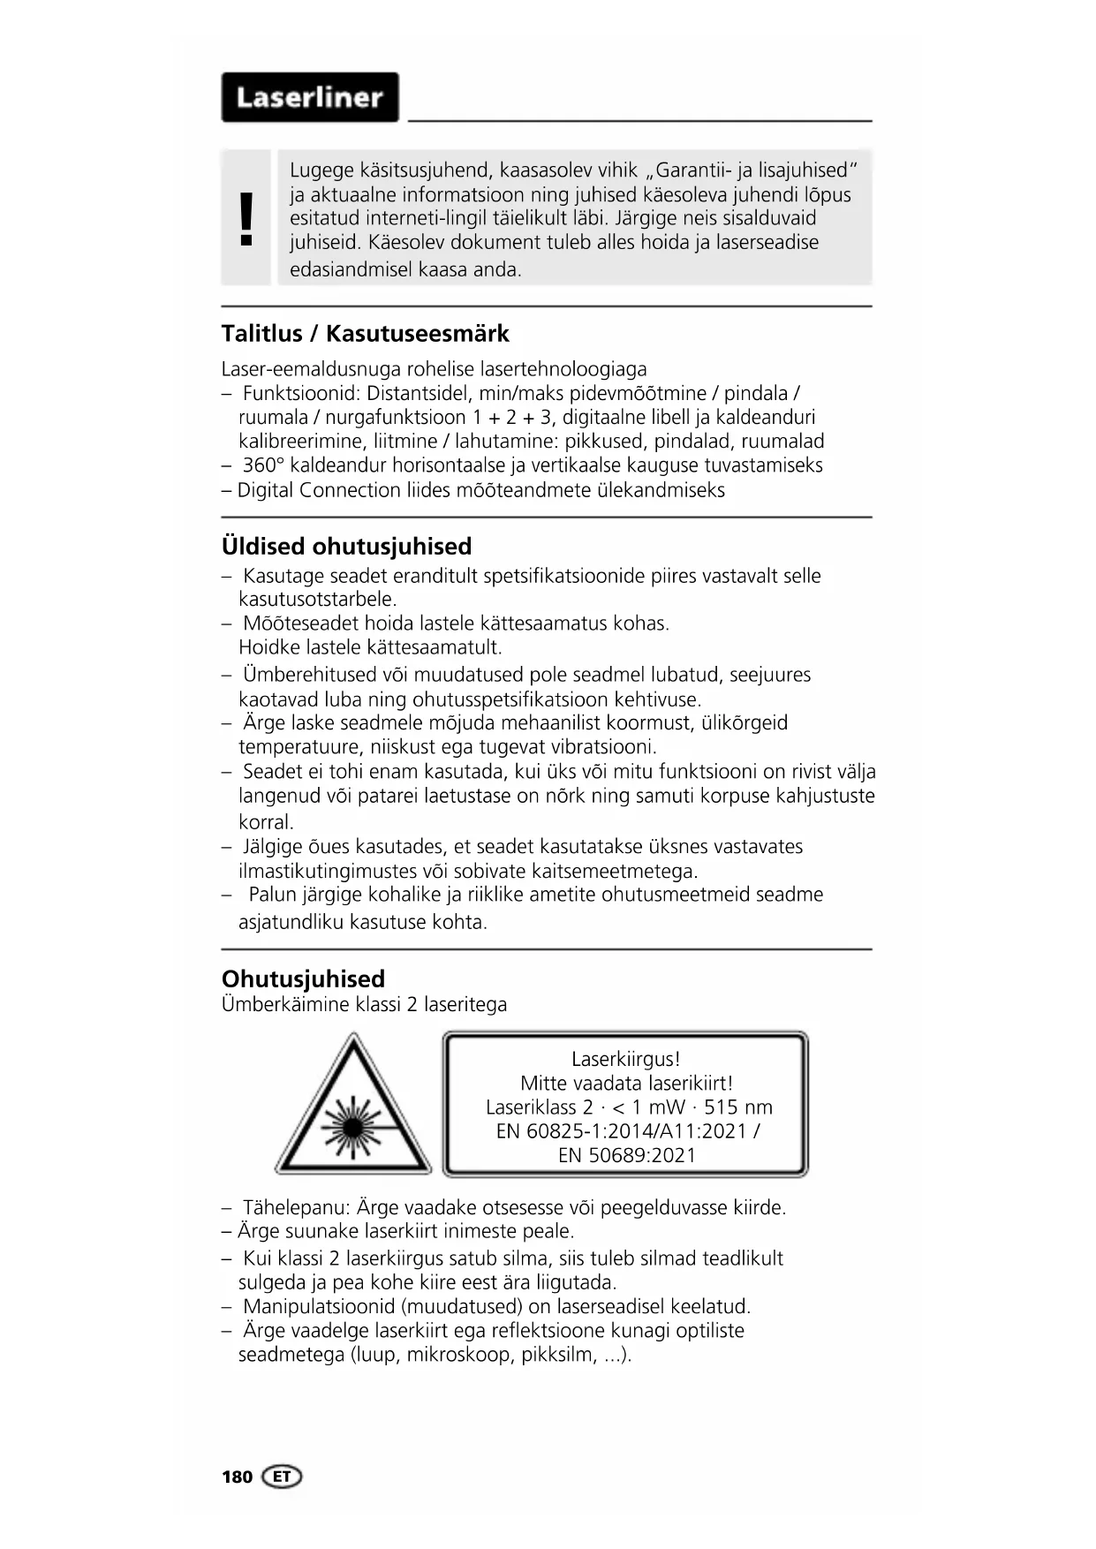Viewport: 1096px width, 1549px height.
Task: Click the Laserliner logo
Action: pyautogui.click(x=310, y=97)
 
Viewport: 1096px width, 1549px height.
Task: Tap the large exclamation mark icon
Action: pyautogui.click(x=246, y=218)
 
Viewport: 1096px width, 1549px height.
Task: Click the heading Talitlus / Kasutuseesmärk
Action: pyautogui.click(x=365, y=334)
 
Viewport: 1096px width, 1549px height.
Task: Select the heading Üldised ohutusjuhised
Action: pyautogui.click(x=346, y=546)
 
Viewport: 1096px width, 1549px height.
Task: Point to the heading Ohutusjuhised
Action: pyautogui.click(x=303, y=979)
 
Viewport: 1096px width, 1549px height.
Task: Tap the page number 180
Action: pyautogui.click(x=237, y=1477)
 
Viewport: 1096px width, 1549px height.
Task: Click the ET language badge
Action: pyautogui.click(x=282, y=1477)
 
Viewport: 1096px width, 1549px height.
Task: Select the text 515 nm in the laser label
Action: pyautogui.click(x=738, y=1107)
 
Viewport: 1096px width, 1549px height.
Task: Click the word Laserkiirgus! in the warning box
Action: pyautogui.click(x=626, y=1059)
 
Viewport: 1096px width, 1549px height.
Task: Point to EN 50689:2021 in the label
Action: pyautogui.click(x=627, y=1155)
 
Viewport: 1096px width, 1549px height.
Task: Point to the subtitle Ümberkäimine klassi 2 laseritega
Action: pyautogui.click(x=364, y=1004)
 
